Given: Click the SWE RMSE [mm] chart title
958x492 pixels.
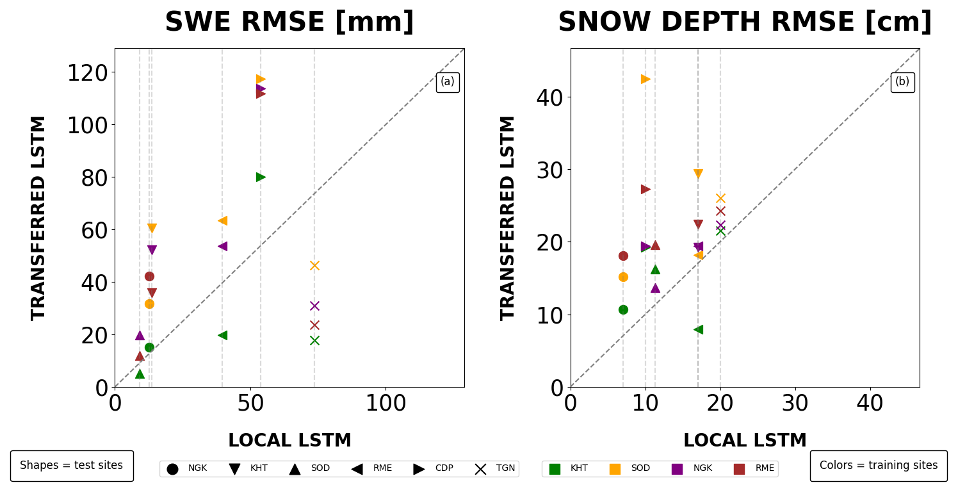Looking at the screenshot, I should [x=289, y=22].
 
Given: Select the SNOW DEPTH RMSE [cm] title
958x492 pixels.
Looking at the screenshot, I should [x=745, y=22].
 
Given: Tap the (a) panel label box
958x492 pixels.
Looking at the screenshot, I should [x=448, y=82].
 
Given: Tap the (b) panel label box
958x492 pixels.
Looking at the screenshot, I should [x=902, y=82].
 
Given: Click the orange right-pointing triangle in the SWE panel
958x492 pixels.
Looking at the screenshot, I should [x=261, y=79].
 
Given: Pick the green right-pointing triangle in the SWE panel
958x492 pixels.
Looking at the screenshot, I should [x=261, y=177].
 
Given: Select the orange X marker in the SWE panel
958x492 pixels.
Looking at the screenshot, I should [x=314, y=265].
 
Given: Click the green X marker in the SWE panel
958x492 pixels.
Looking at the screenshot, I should [x=314, y=340].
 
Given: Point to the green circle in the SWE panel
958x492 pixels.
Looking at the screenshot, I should [x=149, y=347].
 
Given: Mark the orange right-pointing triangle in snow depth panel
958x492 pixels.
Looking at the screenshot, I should [x=645, y=79].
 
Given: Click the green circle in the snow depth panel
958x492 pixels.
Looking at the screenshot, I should [x=623, y=309].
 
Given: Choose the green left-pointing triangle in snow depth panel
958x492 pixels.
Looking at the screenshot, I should [x=698, y=329].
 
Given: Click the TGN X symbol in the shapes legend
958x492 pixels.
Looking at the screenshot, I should [x=480, y=469].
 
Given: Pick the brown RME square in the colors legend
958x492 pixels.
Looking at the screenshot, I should [x=740, y=469].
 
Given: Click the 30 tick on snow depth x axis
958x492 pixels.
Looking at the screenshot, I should [x=795, y=404].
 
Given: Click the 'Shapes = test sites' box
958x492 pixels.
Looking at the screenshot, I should [x=72, y=466].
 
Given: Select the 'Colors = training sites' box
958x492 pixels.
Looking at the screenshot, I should [x=879, y=466].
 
